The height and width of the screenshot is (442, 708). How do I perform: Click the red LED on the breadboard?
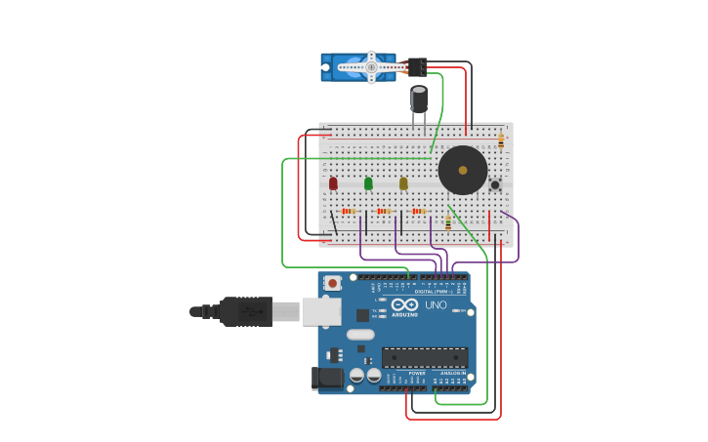click(333, 182)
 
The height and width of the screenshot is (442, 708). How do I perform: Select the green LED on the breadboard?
click(368, 182)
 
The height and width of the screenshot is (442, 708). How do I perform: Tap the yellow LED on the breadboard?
click(403, 182)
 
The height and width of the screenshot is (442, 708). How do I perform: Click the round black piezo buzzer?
click(462, 171)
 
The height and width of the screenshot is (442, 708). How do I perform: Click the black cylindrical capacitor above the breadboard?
click(419, 99)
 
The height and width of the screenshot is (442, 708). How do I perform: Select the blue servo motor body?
click(357, 67)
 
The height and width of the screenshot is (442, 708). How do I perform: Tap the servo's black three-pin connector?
click(417, 66)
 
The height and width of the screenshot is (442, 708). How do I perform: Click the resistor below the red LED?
click(349, 211)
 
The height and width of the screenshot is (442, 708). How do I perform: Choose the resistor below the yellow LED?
click(419, 211)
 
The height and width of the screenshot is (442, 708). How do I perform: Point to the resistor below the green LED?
click(384, 211)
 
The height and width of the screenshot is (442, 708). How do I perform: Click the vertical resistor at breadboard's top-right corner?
click(501, 141)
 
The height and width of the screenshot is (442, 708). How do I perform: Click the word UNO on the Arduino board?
click(436, 305)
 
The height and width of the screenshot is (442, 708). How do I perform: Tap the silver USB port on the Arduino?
click(321, 311)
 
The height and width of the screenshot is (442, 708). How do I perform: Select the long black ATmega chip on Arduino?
click(424, 357)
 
